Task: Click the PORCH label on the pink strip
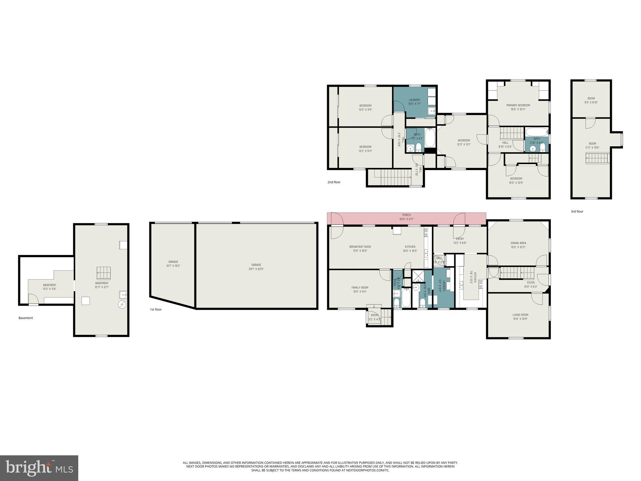click(406, 215)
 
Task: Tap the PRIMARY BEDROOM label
click(518, 106)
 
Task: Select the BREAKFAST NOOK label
click(360, 247)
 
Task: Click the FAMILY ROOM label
click(360, 287)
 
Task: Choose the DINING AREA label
click(518, 243)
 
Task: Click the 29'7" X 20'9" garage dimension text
click(256, 269)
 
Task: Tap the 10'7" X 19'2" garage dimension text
click(173, 266)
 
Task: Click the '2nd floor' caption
click(334, 182)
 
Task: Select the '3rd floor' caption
click(577, 212)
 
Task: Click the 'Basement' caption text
click(26, 318)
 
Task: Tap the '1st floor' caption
click(156, 310)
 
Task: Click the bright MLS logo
click(39, 468)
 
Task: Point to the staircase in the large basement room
click(104, 273)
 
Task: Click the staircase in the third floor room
click(598, 158)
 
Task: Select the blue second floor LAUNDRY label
click(414, 100)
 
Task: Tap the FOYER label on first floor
click(531, 283)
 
